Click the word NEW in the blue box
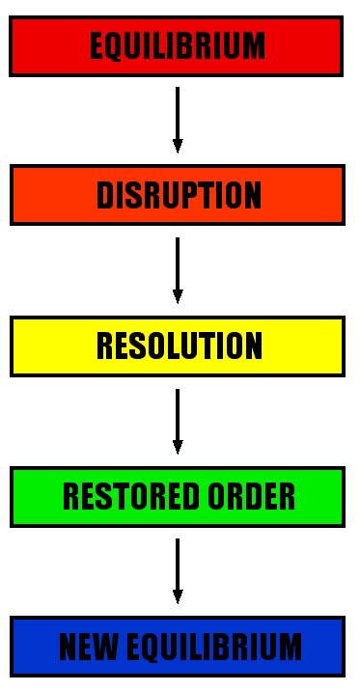point(83,646)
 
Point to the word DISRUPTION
point(179,195)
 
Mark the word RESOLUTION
point(179,345)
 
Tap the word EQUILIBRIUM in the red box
point(177,45)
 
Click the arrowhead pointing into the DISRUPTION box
point(178,146)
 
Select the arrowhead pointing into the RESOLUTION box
point(178,296)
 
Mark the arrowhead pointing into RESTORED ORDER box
point(178,447)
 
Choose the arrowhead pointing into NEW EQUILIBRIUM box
point(178,597)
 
